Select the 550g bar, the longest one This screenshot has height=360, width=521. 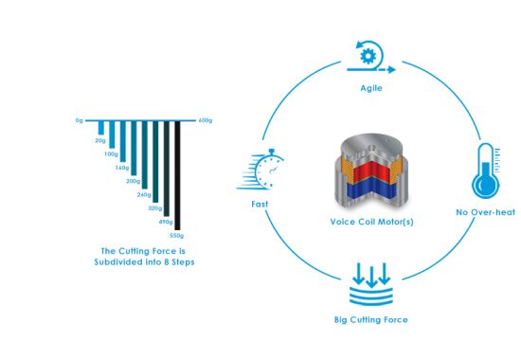coord(176,174)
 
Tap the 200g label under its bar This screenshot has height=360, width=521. coord(133,180)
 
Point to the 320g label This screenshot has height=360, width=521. coord(153,207)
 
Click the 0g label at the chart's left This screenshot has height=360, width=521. coord(80,120)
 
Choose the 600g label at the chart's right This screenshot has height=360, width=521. coord(206,120)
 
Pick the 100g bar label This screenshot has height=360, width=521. coord(111,153)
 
